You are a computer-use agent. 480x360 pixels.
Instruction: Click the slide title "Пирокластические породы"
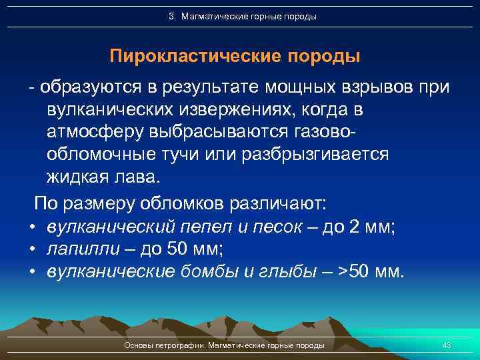point(235,56)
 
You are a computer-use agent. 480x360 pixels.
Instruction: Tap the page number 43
point(447,345)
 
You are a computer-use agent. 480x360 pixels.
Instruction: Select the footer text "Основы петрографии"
point(165,345)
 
